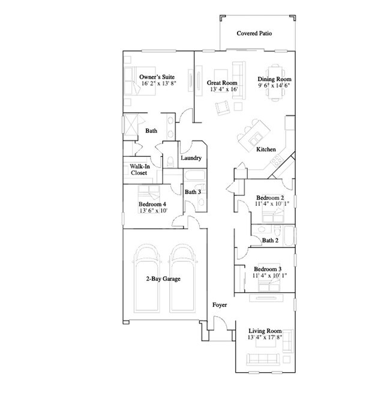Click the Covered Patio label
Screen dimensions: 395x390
click(x=254, y=34)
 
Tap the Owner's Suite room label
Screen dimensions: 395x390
click(x=157, y=77)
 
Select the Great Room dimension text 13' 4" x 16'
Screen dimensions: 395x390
click(x=224, y=89)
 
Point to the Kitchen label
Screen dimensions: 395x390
click(x=266, y=149)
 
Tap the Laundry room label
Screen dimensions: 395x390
click(x=191, y=158)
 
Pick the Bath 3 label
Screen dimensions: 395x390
click(x=192, y=192)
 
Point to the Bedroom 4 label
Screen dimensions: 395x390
click(x=152, y=204)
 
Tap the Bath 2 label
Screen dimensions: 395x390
click(x=270, y=241)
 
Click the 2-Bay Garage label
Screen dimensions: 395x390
click(x=163, y=279)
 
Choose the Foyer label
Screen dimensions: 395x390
click(x=220, y=306)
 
